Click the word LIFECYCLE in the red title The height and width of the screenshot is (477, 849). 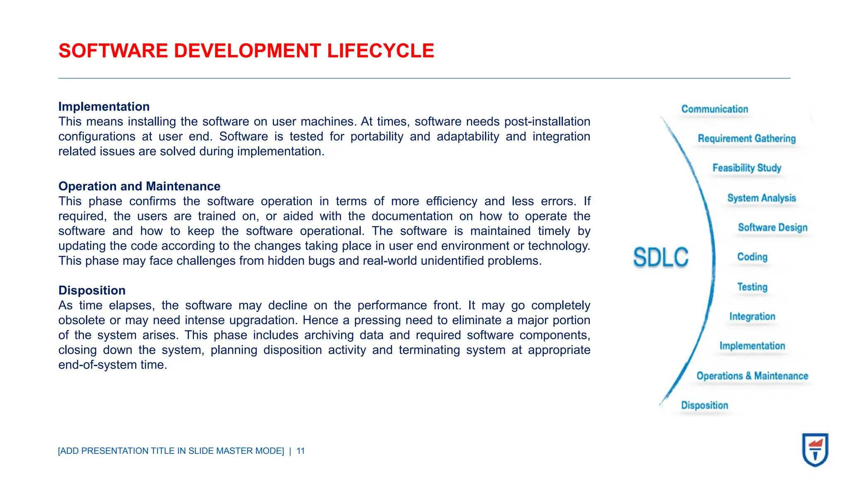[380, 51]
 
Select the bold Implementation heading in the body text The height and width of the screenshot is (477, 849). [104, 106]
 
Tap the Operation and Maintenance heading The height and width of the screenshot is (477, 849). [139, 186]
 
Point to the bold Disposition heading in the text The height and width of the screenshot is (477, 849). [92, 290]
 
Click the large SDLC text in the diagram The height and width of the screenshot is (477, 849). [661, 257]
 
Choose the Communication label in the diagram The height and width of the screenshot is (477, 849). [715, 109]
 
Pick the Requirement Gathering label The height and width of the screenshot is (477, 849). [747, 139]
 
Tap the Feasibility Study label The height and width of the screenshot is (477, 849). [747, 168]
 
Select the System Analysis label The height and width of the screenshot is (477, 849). [762, 198]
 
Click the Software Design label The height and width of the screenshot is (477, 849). [773, 227]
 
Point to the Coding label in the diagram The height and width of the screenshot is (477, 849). [752, 257]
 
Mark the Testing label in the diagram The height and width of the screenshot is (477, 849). [752, 287]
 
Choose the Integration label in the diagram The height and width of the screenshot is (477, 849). [752, 316]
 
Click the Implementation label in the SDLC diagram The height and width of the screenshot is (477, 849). [752, 346]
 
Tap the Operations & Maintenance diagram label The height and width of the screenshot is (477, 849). [752, 376]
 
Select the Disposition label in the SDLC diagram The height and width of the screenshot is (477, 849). [704, 405]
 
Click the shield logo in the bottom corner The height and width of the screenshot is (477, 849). [815, 450]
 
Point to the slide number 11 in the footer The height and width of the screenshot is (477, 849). [301, 451]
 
